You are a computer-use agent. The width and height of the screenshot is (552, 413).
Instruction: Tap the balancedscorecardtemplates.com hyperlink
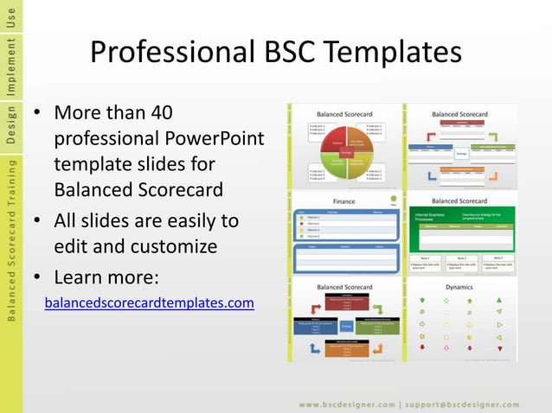click(149, 302)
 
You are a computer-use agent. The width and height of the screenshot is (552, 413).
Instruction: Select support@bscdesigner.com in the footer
click(469, 403)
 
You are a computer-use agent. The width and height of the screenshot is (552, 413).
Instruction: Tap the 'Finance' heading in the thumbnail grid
click(343, 200)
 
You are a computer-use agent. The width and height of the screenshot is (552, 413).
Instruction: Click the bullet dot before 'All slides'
click(38, 221)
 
